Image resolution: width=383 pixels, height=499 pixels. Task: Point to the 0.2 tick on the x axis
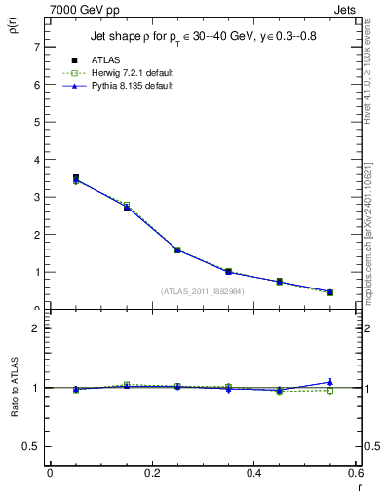(x=152, y=473)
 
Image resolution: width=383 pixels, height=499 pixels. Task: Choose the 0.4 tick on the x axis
(x=254, y=473)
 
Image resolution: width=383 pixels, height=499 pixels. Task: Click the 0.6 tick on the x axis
(x=357, y=473)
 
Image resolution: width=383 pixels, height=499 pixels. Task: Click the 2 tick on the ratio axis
(x=36, y=328)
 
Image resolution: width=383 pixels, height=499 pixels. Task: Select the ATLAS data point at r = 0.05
(x=75, y=178)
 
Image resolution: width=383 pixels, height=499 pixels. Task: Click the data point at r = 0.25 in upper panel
(x=177, y=249)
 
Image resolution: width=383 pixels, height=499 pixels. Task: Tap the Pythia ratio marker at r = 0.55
(x=330, y=382)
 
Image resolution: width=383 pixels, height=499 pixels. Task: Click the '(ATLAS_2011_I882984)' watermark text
(x=203, y=291)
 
